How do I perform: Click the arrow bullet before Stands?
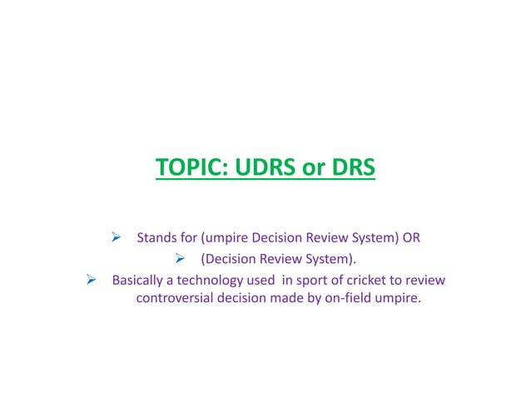coord(117,236)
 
